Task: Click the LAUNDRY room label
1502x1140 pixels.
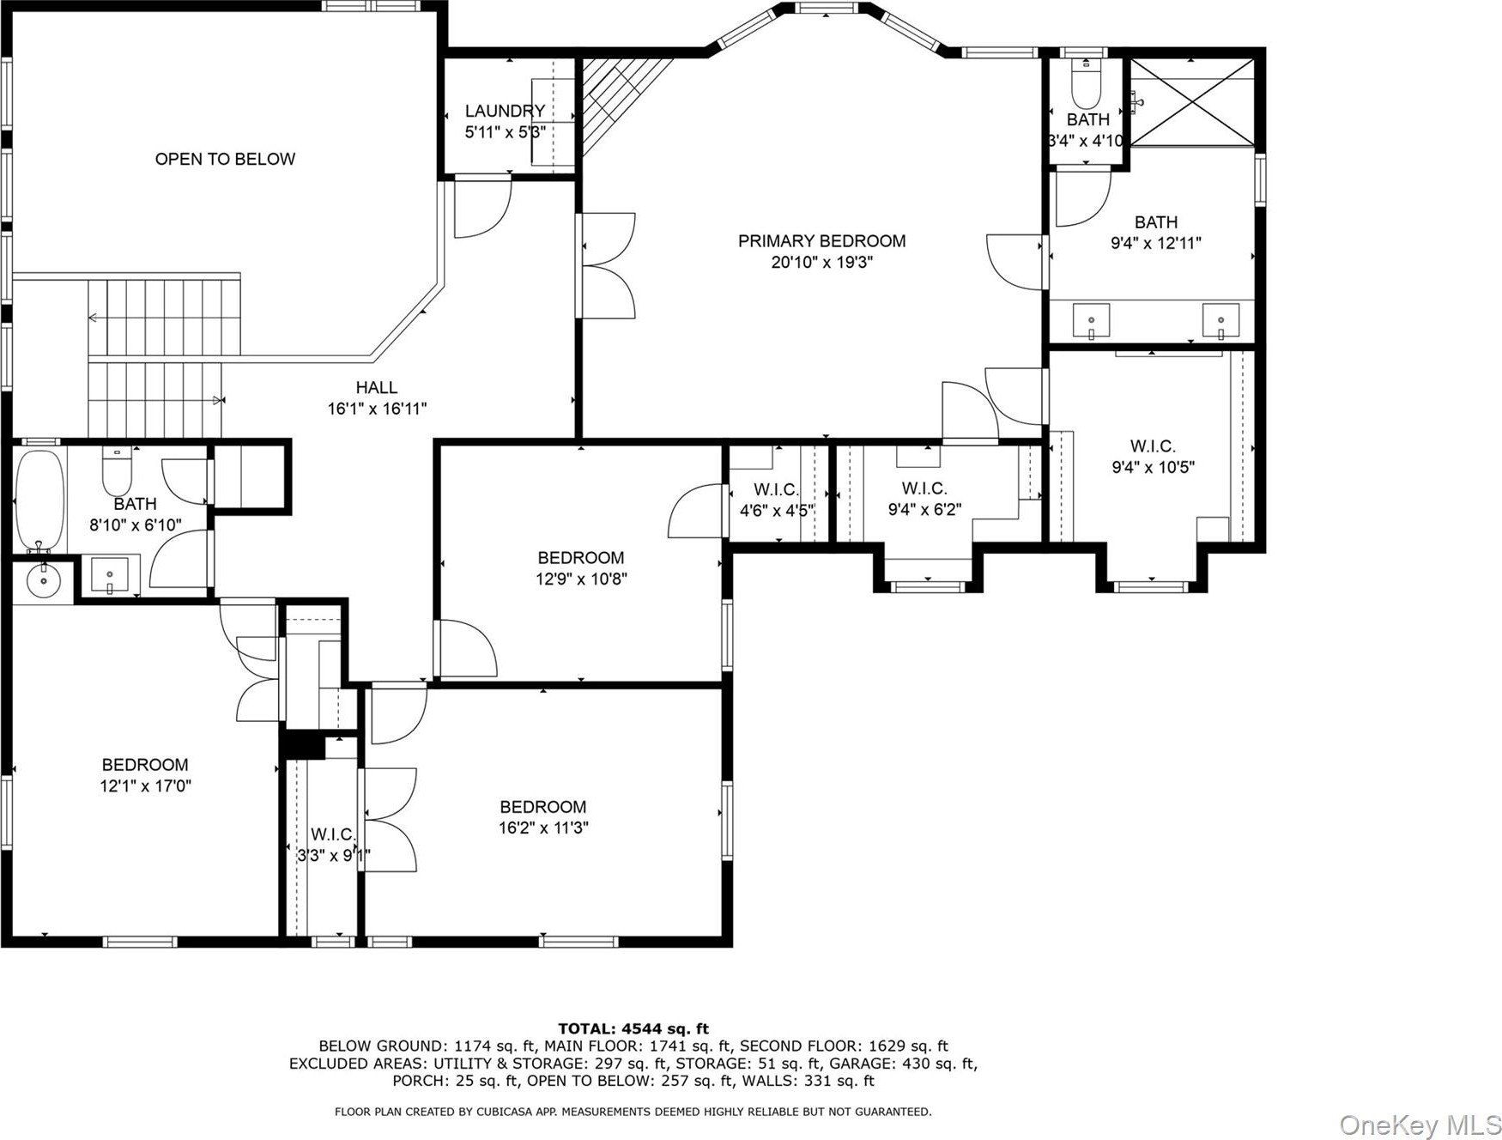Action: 505,111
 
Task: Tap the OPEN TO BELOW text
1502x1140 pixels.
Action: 225,159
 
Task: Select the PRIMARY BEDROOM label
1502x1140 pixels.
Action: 821,241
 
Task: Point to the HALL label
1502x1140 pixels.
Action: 377,388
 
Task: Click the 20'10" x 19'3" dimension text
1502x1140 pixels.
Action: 821,263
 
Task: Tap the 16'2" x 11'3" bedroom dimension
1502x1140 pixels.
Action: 543,828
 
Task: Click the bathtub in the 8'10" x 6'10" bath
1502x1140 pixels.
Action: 39,500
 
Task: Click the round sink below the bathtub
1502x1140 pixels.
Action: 42,580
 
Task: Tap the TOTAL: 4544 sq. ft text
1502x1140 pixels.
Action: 633,1028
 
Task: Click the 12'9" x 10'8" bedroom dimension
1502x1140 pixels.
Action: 582,579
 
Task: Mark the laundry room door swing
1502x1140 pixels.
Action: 482,207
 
